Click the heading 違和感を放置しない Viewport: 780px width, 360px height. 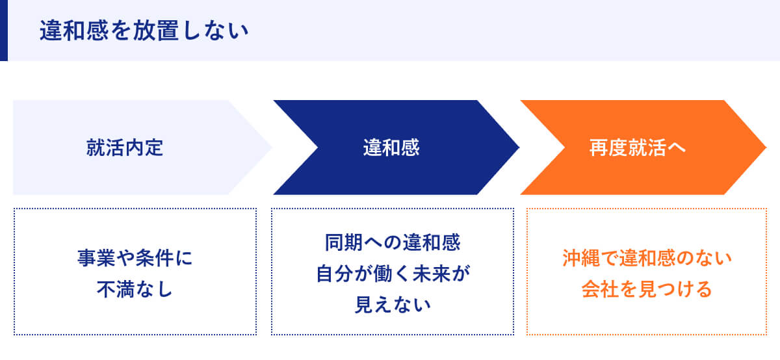pyautogui.click(x=144, y=31)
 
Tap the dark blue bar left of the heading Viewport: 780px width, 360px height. pyautogui.click(x=3, y=31)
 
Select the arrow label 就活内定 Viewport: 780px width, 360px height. pyautogui.click(x=124, y=148)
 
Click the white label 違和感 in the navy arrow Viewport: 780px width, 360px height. pyautogui.click(x=391, y=148)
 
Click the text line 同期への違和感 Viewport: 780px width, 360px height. pyautogui.click(x=393, y=244)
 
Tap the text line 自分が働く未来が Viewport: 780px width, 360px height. pyautogui.click(x=393, y=274)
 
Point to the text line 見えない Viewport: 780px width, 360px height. pyautogui.click(x=393, y=303)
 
